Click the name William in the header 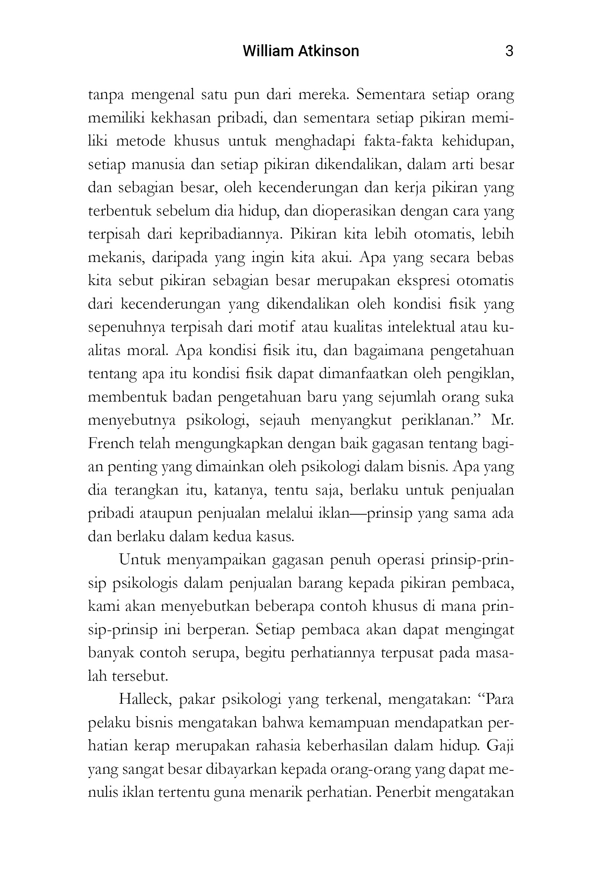click(x=267, y=51)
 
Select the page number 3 click(x=509, y=51)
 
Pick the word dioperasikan click(x=353, y=211)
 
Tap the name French click(x=111, y=443)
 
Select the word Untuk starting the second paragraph click(x=140, y=560)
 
